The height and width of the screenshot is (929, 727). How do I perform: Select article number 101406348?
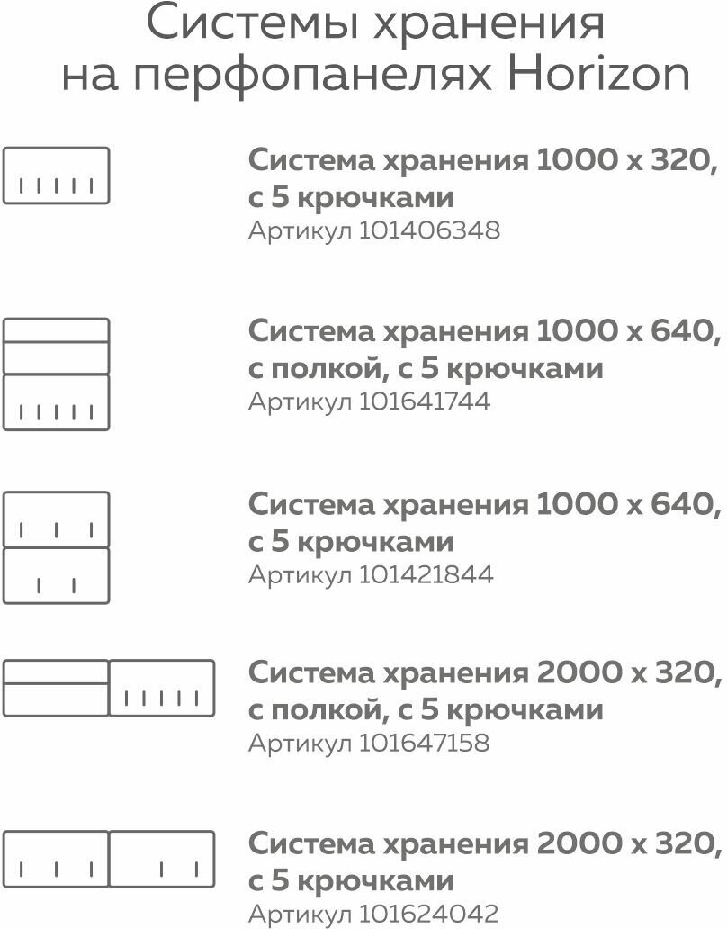point(429,231)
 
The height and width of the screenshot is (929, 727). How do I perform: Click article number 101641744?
point(425,401)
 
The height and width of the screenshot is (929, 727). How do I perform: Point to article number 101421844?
point(426,574)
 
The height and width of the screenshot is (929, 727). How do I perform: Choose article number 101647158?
point(425,744)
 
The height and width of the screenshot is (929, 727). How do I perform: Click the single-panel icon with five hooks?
point(56,176)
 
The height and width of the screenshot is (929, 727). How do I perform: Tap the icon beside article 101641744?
point(56,374)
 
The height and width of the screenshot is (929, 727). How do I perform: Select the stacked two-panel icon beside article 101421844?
point(56,547)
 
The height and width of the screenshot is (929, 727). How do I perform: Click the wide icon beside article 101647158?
point(109,688)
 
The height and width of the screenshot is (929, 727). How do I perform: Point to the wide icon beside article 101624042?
point(109,859)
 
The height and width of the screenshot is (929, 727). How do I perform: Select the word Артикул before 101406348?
point(300,231)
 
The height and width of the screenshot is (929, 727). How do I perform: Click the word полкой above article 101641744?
point(321,369)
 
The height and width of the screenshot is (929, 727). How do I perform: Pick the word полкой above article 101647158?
point(321,711)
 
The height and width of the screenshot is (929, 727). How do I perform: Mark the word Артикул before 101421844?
point(300,574)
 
